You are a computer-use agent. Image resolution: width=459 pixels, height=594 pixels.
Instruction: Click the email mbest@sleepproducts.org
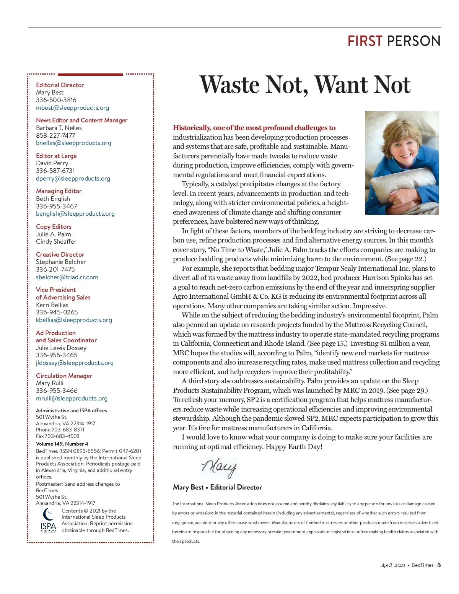point(72,108)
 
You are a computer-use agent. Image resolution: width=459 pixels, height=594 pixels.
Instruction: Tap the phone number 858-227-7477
point(55,135)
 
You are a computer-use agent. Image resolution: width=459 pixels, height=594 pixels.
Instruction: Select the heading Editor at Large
point(56,156)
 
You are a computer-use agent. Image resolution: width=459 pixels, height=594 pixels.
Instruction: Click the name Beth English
point(53,199)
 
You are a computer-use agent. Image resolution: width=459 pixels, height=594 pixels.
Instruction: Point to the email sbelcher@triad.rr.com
point(67,277)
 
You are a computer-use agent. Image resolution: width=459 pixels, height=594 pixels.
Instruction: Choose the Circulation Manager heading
point(64,376)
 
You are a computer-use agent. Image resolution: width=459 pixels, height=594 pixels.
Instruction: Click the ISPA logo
point(48,520)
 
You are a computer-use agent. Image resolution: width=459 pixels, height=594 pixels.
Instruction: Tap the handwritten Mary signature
point(219,467)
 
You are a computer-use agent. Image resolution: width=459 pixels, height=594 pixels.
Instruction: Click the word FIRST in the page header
point(365,41)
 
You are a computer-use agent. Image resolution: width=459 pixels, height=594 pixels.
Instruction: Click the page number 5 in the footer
point(439,565)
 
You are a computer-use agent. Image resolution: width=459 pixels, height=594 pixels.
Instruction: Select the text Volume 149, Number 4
point(62,444)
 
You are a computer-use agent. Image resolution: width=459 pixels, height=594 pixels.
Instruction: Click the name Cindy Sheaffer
point(56,241)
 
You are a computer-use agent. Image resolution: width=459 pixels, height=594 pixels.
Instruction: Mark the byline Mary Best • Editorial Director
point(217,487)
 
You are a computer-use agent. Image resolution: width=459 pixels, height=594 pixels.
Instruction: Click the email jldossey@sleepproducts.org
point(75,363)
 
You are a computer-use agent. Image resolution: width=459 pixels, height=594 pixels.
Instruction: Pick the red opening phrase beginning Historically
point(254,128)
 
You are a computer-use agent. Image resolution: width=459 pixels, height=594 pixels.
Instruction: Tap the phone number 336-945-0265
point(57,312)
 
